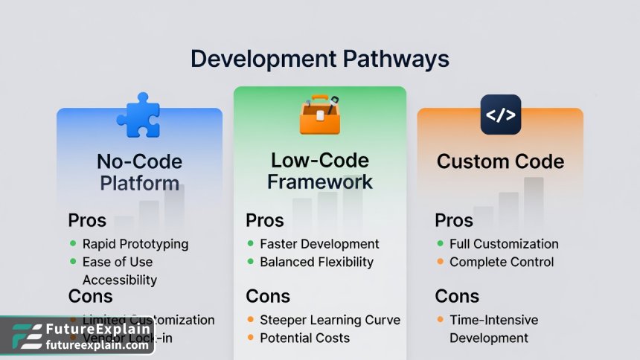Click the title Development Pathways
click(319, 59)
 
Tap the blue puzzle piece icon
click(138, 115)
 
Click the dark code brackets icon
click(500, 115)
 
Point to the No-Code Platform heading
click(139, 172)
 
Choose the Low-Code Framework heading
click(320, 170)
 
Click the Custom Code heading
click(500, 161)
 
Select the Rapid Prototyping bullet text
click(135, 244)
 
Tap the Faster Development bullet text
click(319, 244)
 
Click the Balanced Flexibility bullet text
click(316, 262)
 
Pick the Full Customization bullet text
click(504, 244)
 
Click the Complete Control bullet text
click(502, 262)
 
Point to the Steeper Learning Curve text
click(330, 320)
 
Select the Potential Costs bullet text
click(304, 338)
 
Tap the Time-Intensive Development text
click(493, 329)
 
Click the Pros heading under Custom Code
click(454, 221)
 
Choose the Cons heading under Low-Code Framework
click(268, 296)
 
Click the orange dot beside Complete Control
click(441, 262)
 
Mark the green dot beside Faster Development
click(251, 244)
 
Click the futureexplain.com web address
click(97, 345)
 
